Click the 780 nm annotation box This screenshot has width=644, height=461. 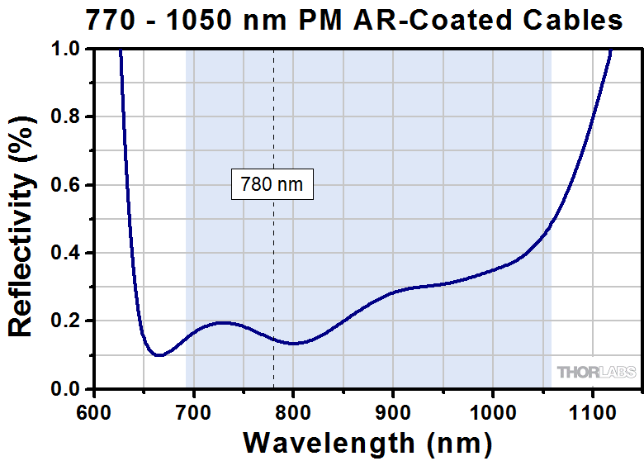point(272,184)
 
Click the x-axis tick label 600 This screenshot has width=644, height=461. point(93,409)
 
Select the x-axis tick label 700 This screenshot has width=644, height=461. point(193,409)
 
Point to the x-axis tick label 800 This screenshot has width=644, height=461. point(293,409)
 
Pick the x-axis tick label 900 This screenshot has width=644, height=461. point(393,409)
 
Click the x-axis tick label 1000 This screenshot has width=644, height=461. point(493,409)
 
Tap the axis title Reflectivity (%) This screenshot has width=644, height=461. point(22,219)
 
